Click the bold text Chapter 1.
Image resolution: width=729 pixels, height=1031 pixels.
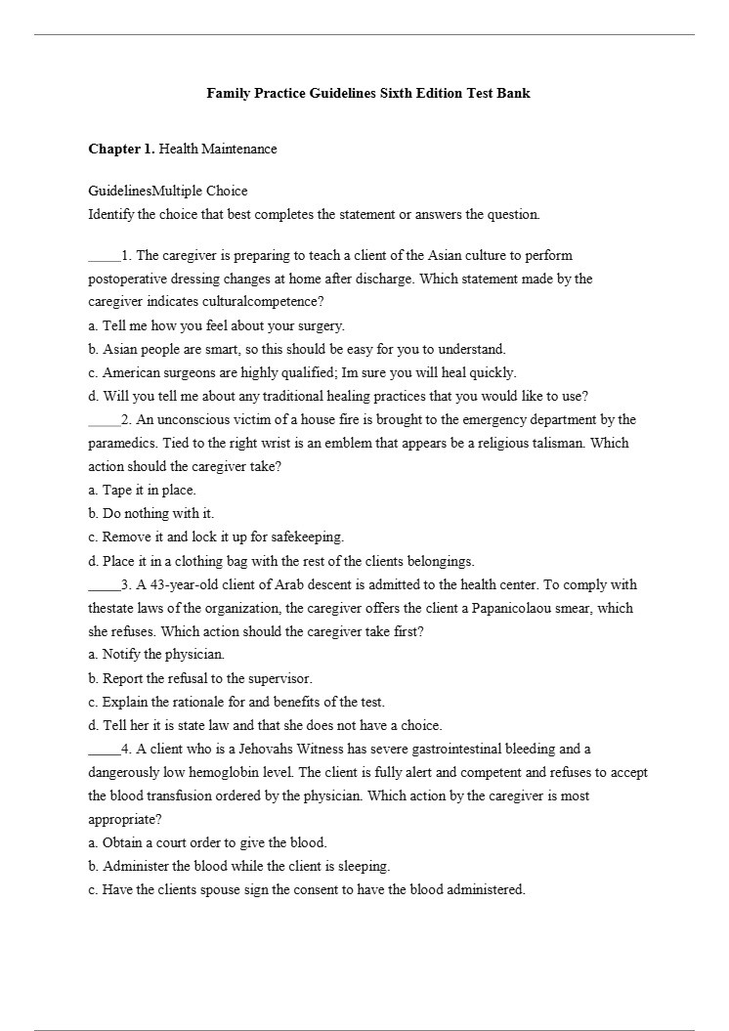(121, 149)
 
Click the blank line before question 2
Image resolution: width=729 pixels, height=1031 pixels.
(104, 420)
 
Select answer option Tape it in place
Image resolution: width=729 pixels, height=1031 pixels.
(142, 490)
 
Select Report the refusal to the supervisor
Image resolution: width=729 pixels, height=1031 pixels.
(200, 677)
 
